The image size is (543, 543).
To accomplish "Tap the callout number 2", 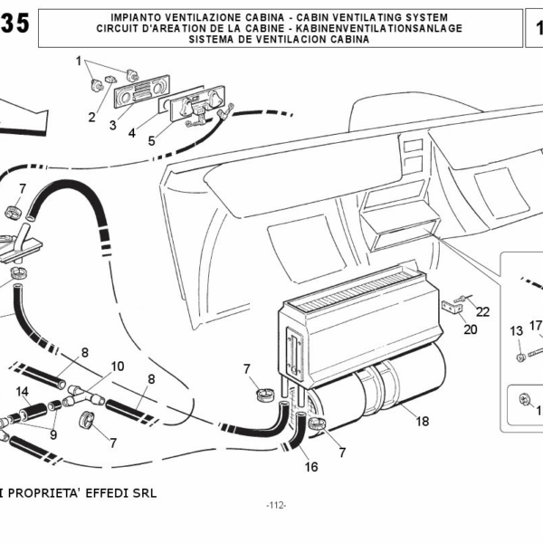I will click(92, 118).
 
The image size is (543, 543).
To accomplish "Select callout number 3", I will click(113, 125).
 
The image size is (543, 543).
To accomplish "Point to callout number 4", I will click(131, 133).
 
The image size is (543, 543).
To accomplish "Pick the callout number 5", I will click(151, 141).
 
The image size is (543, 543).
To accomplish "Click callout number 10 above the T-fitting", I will click(118, 367).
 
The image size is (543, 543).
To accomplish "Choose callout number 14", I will click(24, 392).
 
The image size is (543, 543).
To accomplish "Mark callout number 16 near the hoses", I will click(311, 468).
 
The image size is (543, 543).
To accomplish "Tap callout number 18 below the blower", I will click(422, 420).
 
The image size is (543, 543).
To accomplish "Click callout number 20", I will click(471, 329).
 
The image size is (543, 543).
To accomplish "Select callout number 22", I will click(483, 311).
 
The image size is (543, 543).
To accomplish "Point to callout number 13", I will click(517, 330).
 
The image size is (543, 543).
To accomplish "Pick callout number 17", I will click(536, 326).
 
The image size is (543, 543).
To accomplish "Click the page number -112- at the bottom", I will click(276, 505).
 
